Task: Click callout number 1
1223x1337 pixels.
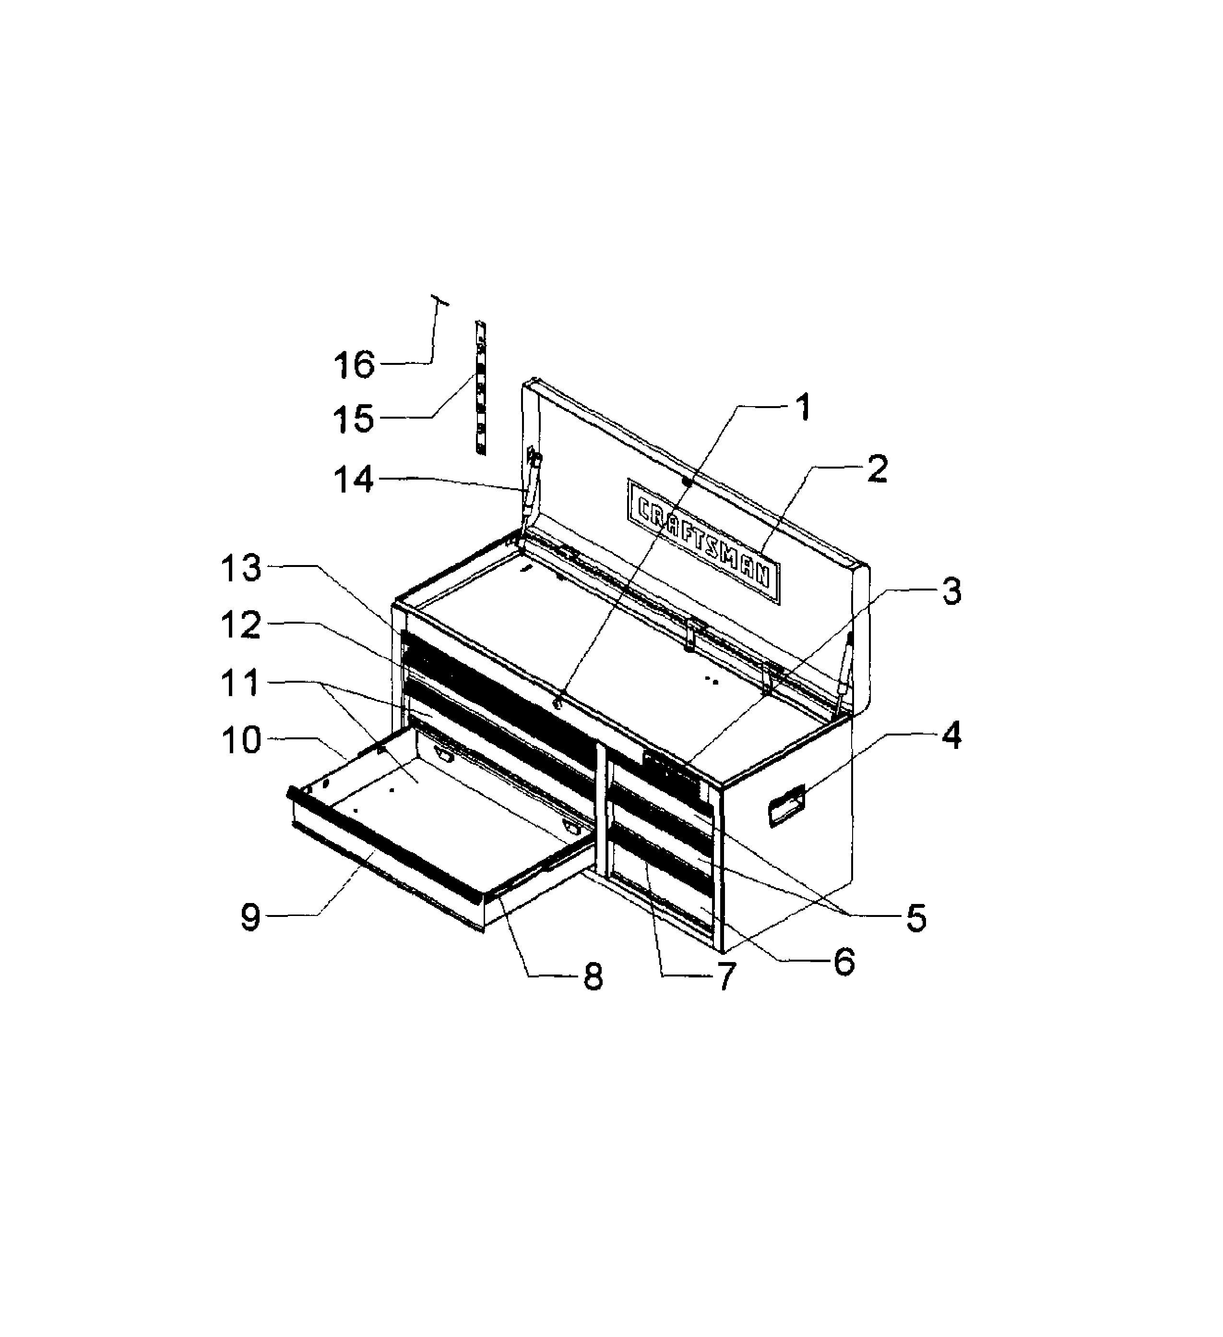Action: pos(802,407)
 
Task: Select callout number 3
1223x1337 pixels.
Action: pos(951,591)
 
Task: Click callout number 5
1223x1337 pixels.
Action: pos(915,918)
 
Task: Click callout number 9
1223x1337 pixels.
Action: pos(250,918)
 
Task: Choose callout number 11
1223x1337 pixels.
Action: pos(240,683)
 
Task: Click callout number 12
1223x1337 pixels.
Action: pos(241,626)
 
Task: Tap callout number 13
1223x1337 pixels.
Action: pos(241,568)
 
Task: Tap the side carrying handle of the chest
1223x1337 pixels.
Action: pos(786,806)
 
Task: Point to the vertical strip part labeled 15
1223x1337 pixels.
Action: pos(480,388)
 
